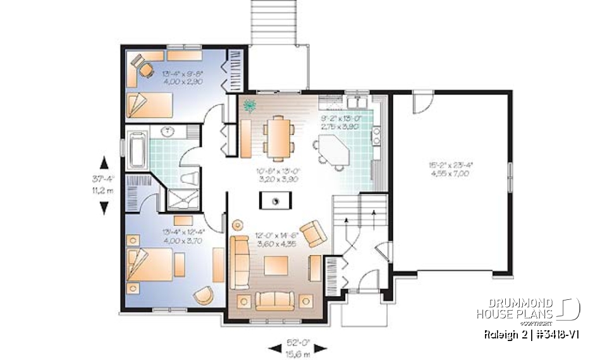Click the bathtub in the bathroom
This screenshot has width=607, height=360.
pyautogui.click(x=137, y=150)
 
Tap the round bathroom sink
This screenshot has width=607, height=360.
pyautogui.click(x=170, y=133)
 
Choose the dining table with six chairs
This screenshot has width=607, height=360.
pyautogui.click(x=279, y=137)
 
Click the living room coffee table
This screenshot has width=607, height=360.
pyautogui.click(x=276, y=264)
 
